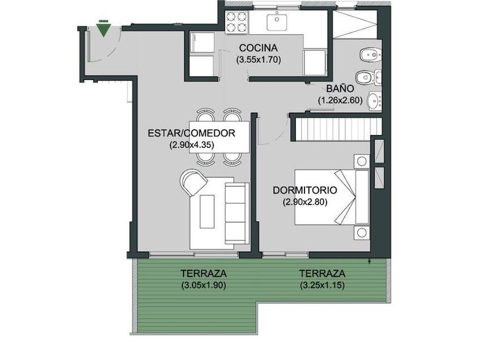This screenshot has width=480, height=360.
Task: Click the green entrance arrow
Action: [103, 30]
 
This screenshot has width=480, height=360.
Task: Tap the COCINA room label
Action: [258, 48]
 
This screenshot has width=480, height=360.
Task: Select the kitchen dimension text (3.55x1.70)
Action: [258, 59]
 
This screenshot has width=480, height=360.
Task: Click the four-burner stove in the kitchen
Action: [237, 22]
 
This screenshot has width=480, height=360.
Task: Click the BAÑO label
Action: [340, 89]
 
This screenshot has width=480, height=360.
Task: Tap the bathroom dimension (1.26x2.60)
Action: [340, 100]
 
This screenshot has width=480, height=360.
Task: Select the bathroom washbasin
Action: [375, 101]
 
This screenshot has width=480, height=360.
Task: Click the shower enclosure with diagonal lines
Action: [355, 25]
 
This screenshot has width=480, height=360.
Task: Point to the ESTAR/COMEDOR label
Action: [191, 134]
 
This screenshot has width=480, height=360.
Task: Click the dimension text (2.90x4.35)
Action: [191, 145]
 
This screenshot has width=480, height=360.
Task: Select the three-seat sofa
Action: [237, 213]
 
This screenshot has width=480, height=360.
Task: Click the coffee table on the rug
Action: [207, 211]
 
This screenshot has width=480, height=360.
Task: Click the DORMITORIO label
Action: [305, 190]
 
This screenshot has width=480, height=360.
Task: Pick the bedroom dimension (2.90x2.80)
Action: [305, 202]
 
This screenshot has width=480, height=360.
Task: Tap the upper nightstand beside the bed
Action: [362, 161]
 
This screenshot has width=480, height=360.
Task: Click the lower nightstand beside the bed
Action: [362, 233]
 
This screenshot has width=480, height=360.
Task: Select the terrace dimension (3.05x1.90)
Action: [203, 285]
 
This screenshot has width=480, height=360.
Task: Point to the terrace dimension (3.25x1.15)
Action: [322, 285]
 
